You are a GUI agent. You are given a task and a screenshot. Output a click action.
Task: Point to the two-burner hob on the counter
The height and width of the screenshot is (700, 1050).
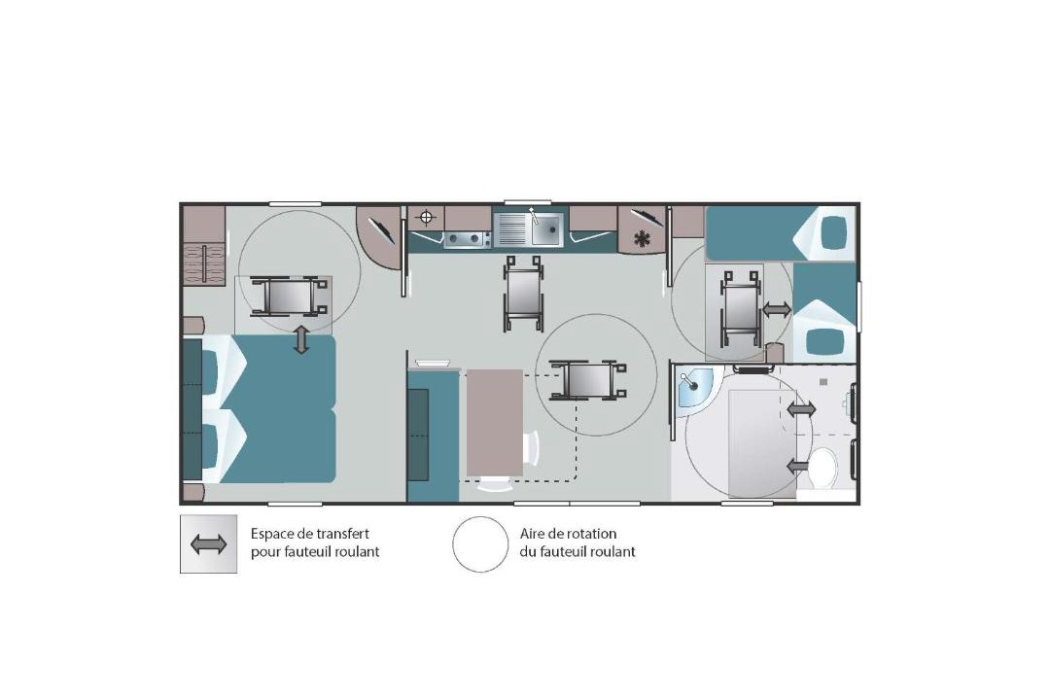[x=466, y=238]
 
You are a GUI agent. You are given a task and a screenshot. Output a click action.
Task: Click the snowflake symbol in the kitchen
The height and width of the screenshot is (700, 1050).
[x=643, y=238]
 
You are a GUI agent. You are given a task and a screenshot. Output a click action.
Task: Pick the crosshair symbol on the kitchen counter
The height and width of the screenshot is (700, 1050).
[x=427, y=218]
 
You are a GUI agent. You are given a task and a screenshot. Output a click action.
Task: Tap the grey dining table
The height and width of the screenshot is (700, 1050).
[x=495, y=423]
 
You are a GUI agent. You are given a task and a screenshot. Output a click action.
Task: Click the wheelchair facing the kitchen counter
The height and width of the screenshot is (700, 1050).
[x=524, y=293]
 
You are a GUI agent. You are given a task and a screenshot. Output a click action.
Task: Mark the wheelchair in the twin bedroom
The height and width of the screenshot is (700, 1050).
[x=741, y=308]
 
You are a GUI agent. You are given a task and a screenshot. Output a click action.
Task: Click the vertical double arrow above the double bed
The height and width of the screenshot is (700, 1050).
[x=302, y=339]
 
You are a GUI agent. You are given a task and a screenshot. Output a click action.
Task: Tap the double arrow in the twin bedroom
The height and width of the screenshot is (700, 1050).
[x=777, y=309]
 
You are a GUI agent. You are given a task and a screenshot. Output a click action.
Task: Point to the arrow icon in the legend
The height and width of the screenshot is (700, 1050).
[x=208, y=544]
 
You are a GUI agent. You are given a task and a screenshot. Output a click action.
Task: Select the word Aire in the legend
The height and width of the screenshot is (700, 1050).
[x=532, y=534]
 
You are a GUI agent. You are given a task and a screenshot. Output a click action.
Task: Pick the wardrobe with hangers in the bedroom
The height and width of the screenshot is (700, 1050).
[x=204, y=263]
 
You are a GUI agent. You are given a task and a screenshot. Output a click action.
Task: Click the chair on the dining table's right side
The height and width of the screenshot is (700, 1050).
[x=533, y=447]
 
